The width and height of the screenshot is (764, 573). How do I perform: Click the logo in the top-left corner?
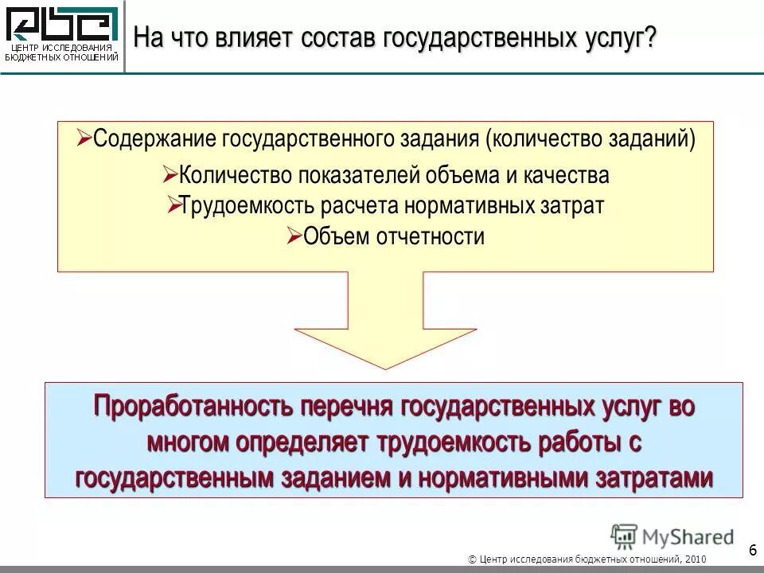[x=62, y=35]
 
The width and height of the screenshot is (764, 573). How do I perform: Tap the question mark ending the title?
[x=652, y=37]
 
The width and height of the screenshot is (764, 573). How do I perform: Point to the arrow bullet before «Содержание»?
[x=84, y=138]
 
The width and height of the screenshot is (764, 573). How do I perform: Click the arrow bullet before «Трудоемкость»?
[x=173, y=205]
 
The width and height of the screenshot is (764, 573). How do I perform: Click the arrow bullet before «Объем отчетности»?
[x=292, y=236]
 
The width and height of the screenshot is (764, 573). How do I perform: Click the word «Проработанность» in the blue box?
[x=193, y=407]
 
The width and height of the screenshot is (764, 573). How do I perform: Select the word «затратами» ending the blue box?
[x=652, y=477]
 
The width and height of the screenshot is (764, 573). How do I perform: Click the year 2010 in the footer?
[x=694, y=559]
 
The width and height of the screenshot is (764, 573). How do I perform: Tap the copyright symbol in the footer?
[x=473, y=559]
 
